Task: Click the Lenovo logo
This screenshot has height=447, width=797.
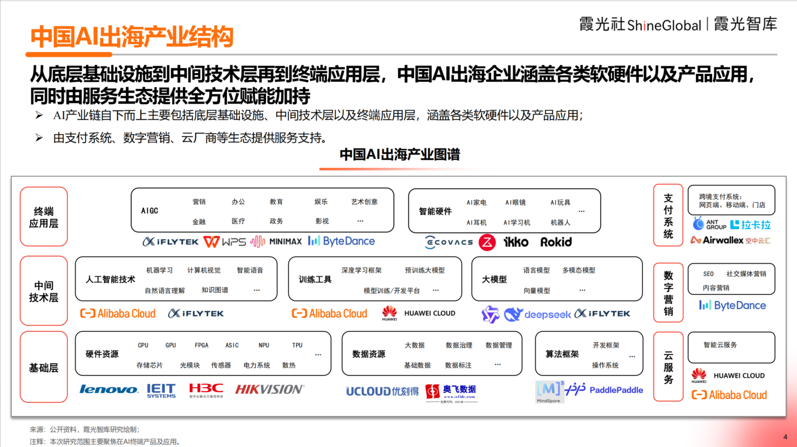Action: click(109, 389)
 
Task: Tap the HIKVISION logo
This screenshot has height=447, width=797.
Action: click(269, 389)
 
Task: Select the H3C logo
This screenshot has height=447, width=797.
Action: click(205, 389)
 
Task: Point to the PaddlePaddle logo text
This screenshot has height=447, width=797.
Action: click(616, 390)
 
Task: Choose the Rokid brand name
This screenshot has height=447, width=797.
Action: click(556, 242)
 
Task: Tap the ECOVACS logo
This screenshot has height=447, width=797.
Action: click(449, 243)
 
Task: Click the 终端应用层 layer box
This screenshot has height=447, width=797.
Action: click(44, 217)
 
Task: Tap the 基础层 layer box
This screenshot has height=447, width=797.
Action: click(44, 367)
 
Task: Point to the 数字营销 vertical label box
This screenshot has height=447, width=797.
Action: click(668, 293)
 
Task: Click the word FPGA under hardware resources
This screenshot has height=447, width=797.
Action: click(202, 345)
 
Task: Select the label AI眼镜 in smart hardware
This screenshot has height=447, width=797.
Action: click(515, 203)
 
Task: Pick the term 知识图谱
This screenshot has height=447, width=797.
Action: click(215, 290)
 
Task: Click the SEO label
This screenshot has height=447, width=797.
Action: click(708, 274)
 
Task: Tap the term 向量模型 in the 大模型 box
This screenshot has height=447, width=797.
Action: click(537, 290)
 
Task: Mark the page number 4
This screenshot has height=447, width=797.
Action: click(785, 437)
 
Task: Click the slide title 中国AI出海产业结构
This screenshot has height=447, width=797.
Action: click(132, 37)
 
